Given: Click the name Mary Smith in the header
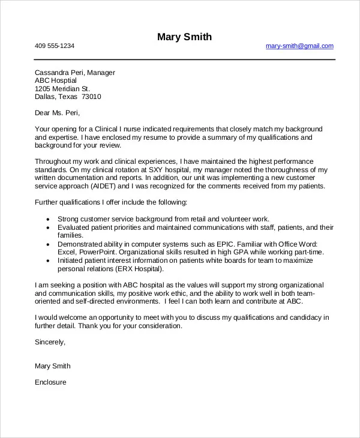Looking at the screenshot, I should tap(184, 37).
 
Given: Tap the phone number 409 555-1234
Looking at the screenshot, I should tap(55, 46).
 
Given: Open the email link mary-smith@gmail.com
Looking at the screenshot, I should tap(299, 46).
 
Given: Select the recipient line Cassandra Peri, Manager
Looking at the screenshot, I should tap(75, 73).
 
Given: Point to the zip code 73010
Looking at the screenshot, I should tap(91, 96).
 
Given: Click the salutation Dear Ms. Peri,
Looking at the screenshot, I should tap(57, 112).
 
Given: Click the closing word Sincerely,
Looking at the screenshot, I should tap(50, 343).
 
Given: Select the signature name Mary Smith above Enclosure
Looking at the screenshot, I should tap(53, 366).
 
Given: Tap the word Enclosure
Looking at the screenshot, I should tap(50, 382).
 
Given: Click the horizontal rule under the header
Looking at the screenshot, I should tap(184, 59).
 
